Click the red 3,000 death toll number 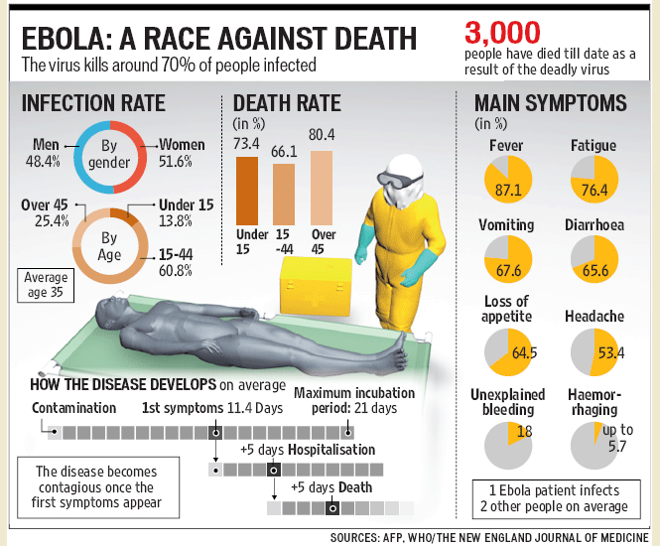pyautogui.click(x=502, y=33)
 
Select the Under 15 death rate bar pyautogui.click(x=247, y=191)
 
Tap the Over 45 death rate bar pyautogui.click(x=322, y=188)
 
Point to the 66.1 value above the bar pyautogui.click(x=284, y=152)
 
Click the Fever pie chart pyautogui.click(x=508, y=180)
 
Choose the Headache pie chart pyautogui.click(x=594, y=352)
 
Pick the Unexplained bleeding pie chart pyautogui.click(x=508, y=446)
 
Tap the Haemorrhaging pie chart pyautogui.click(x=594, y=446)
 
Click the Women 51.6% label pyautogui.click(x=182, y=153)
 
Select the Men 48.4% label pyautogui.click(x=44, y=153)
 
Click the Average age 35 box pyautogui.click(x=46, y=286)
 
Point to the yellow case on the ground pyautogui.click(x=316, y=286)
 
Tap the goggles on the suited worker pyautogui.click(x=398, y=180)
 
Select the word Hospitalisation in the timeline pyautogui.click(x=331, y=450)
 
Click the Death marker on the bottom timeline pyautogui.click(x=332, y=508)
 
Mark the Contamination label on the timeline pyautogui.click(x=73, y=408)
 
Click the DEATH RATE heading pyautogui.click(x=287, y=103)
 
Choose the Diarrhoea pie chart pyautogui.click(x=594, y=258)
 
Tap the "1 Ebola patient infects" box pyautogui.click(x=556, y=499)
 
